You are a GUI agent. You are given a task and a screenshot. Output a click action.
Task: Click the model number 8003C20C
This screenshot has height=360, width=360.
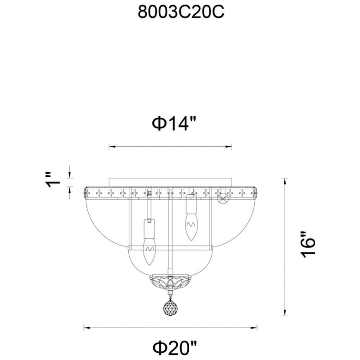point(181,12)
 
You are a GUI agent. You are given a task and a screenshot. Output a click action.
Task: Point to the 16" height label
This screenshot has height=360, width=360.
point(309,244)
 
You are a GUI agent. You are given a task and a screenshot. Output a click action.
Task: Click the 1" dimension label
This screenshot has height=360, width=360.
point(52,180)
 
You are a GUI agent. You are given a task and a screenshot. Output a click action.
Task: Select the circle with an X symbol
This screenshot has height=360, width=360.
point(224,198)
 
